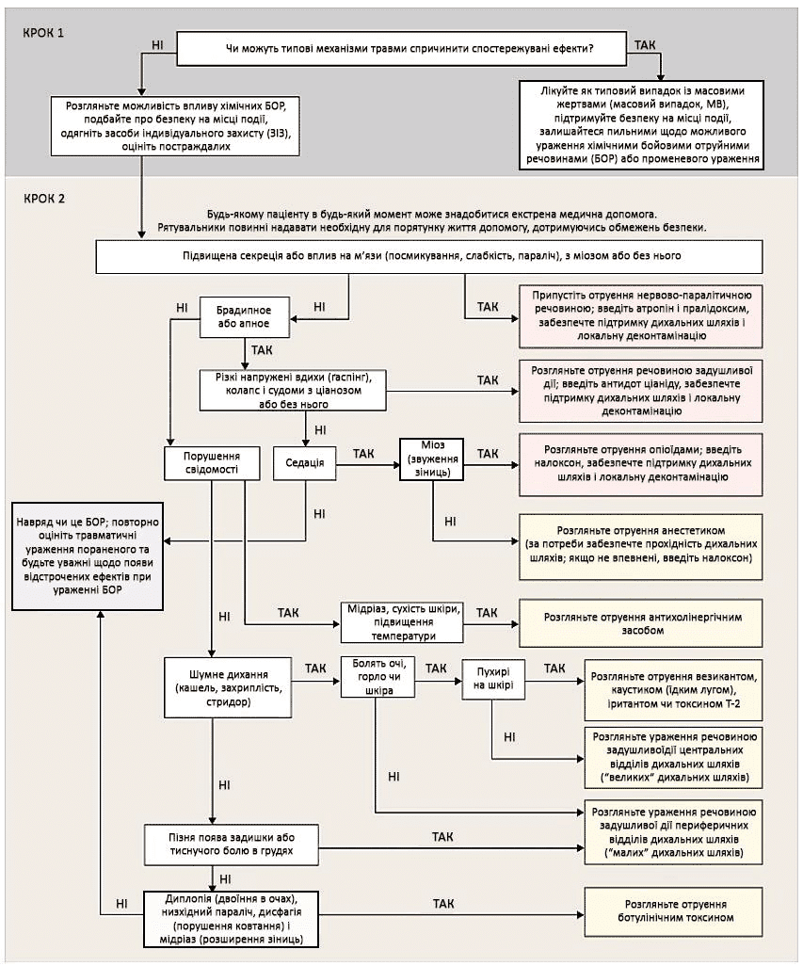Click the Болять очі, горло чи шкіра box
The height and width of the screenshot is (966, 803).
tap(376, 675)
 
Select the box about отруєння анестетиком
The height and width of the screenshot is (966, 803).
tap(645, 537)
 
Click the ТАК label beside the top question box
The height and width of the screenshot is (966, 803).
tap(647, 44)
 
